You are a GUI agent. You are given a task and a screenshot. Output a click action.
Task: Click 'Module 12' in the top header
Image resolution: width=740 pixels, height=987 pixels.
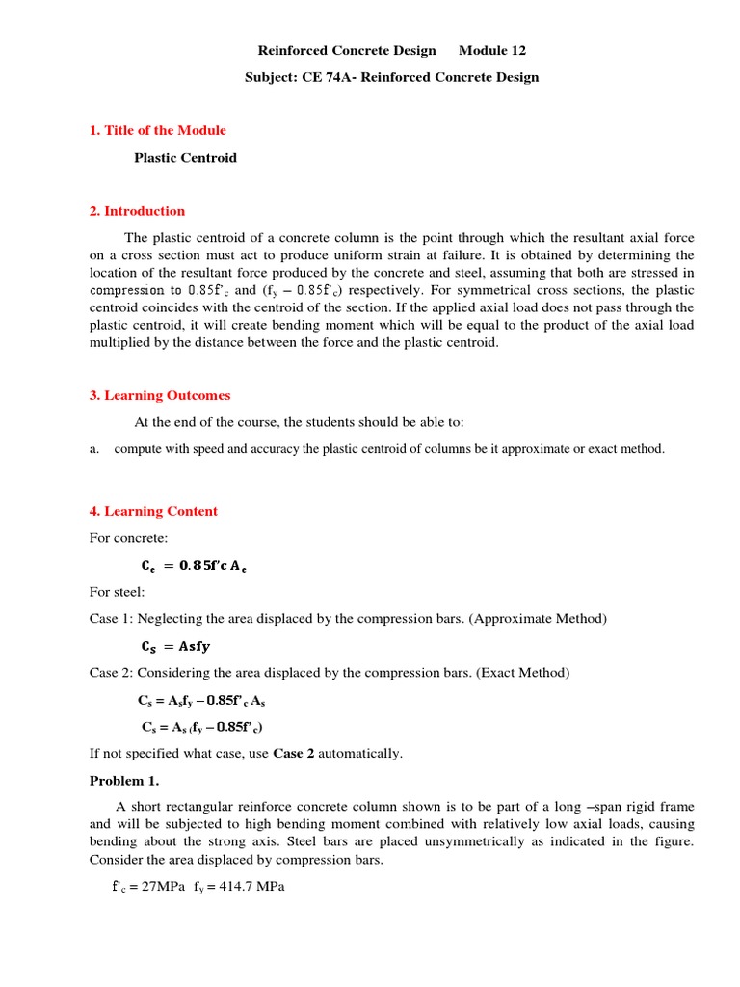[492, 50]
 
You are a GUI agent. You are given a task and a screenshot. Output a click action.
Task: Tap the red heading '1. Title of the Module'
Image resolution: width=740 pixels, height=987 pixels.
[157, 130]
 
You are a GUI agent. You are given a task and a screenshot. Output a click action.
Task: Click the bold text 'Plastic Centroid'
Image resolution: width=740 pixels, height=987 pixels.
[185, 157]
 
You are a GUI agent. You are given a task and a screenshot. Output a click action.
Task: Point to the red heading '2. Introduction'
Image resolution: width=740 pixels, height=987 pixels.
[137, 211]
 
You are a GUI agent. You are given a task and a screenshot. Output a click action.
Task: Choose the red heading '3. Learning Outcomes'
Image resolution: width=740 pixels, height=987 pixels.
[160, 395]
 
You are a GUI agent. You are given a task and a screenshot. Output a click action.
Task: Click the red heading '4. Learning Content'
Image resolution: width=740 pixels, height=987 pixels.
[153, 511]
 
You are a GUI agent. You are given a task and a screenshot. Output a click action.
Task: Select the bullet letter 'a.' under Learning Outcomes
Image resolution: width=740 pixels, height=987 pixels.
[95, 449]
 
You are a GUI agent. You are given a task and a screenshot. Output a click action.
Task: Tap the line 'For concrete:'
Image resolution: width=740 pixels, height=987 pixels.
[128, 537]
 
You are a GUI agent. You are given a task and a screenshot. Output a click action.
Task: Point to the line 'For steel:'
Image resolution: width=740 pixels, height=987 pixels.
[117, 592]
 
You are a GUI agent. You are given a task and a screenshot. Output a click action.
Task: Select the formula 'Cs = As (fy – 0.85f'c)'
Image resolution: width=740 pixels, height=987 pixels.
[203, 727]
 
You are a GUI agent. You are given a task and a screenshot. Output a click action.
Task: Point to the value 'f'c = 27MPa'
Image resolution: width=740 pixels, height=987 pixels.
[147, 887]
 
